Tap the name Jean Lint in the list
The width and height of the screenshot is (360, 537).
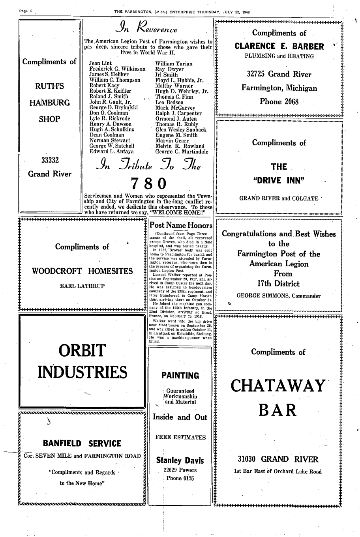(x=101, y=63)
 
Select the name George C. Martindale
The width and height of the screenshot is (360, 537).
(x=182, y=151)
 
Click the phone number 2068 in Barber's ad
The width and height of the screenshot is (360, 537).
(x=290, y=101)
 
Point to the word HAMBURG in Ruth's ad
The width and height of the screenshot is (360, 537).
(x=49, y=103)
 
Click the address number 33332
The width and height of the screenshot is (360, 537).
(x=50, y=160)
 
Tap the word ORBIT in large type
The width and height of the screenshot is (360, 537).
(x=82, y=350)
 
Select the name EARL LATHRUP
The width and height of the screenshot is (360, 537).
(x=82, y=286)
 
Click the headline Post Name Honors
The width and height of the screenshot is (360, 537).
(x=181, y=225)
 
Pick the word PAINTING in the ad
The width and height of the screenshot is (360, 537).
(x=180, y=375)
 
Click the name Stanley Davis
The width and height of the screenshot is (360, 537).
(x=180, y=460)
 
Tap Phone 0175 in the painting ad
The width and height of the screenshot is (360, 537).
(x=180, y=478)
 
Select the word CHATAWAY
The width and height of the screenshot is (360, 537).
(x=278, y=385)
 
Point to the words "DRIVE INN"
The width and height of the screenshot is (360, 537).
(x=279, y=180)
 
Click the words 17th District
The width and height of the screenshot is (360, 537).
(x=278, y=283)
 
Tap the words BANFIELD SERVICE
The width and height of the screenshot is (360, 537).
(x=82, y=443)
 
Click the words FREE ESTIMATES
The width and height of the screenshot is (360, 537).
(x=180, y=437)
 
